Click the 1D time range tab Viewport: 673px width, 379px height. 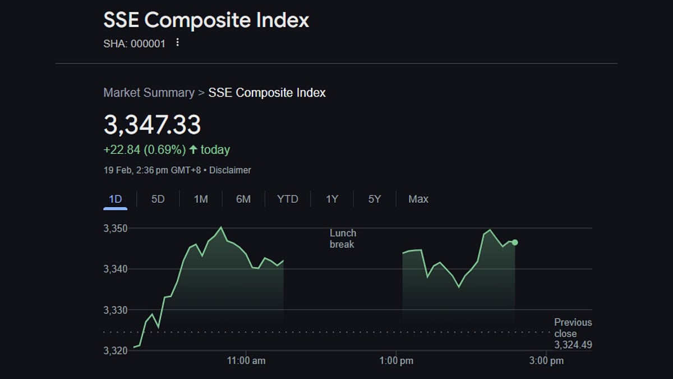tap(115, 199)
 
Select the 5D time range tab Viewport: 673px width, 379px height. tap(158, 199)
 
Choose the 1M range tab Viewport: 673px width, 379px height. tap(201, 199)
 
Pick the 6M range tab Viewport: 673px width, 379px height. tap(243, 199)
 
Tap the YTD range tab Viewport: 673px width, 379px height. tap(288, 199)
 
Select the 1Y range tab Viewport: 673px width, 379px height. tap(332, 199)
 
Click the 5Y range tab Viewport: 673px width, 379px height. tap(375, 199)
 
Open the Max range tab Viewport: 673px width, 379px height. tap(418, 199)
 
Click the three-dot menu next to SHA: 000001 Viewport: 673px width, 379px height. tap(178, 43)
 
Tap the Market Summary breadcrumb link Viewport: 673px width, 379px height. tap(149, 93)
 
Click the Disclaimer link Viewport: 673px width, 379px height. tap(230, 170)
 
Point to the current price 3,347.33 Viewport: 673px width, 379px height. tap(152, 125)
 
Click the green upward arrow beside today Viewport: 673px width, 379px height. tap(193, 150)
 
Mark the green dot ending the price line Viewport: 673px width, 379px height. tap(515, 243)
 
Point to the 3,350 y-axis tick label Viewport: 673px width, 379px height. tap(116, 229)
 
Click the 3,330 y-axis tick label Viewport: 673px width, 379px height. tap(116, 310)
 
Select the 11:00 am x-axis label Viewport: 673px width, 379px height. tap(247, 360)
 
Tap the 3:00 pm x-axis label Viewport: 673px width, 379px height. tap(546, 360)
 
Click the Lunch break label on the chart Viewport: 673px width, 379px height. tap(343, 239)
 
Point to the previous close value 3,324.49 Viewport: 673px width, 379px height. tap(573, 345)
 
